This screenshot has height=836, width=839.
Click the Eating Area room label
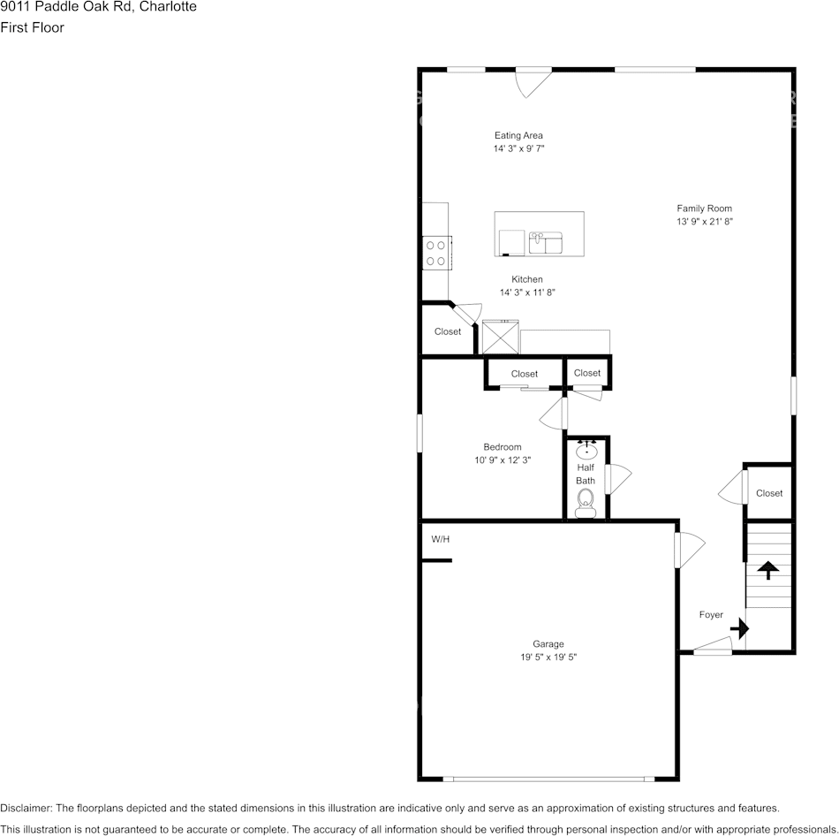(x=518, y=135)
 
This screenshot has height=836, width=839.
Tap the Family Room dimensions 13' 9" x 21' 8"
(x=705, y=223)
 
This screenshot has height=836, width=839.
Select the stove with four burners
(x=436, y=253)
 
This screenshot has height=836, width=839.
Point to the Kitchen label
(x=527, y=279)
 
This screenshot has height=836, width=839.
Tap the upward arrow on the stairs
(x=767, y=570)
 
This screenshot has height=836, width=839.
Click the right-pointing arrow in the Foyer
(x=740, y=629)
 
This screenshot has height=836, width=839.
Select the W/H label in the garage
(x=440, y=539)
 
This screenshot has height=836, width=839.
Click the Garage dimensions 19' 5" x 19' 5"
(x=548, y=657)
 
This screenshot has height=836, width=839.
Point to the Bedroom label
(x=502, y=447)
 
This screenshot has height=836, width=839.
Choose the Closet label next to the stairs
(x=769, y=493)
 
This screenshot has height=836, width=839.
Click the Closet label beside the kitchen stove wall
(x=447, y=331)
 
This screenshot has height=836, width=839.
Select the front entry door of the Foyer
(x=713, y=651)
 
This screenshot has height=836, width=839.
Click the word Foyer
(x=711, y=615)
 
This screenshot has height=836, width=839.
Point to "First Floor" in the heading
(x=32, y=27)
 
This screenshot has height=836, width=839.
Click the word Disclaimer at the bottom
(x=26, y=808)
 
